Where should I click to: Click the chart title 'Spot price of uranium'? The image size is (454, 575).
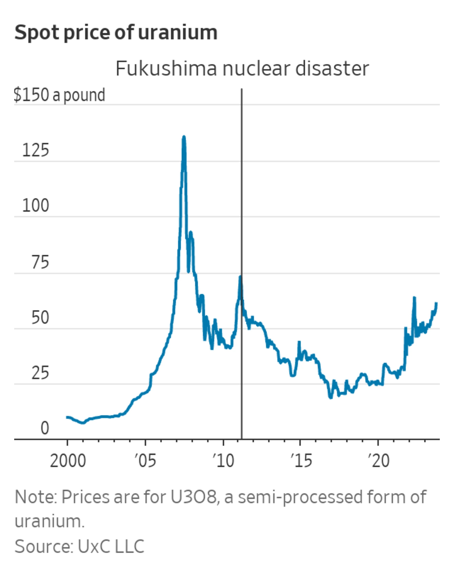[x=116, y=32]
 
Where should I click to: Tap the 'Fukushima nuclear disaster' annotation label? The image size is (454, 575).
[x=242, y=69]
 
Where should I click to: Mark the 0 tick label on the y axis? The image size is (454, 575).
[x=45, y=428]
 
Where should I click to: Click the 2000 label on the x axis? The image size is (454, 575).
[x=68, y=461]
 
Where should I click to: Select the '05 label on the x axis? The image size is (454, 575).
[x=145, y=461]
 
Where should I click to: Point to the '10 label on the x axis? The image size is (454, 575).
[x=223, y=461]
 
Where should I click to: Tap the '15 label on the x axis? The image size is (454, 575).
[x=301, y=461]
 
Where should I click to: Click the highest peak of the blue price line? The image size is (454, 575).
[x=184, y=137]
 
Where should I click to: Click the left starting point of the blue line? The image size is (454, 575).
[x=67, y=417]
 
